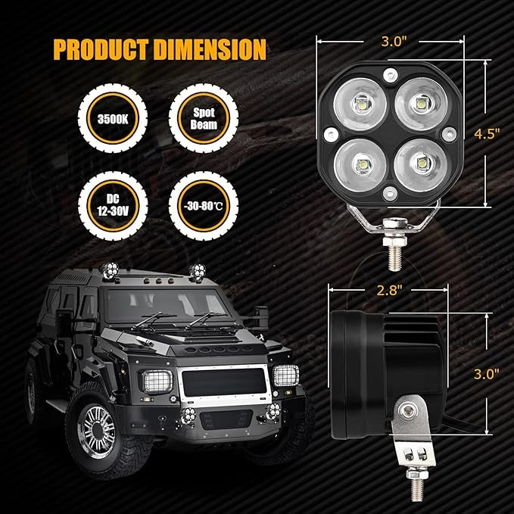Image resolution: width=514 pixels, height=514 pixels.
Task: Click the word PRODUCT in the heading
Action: click(101, 49)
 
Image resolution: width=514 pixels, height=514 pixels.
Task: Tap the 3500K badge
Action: click(113, 118)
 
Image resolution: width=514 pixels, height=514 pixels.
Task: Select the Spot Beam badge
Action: click(204, 118)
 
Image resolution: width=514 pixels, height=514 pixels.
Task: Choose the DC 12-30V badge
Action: click(113, 206)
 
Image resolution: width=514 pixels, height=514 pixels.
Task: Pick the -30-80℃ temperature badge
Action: click(204, 206)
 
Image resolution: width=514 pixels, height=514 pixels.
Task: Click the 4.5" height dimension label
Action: click(487, 134)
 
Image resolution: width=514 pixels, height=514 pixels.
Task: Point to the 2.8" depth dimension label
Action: click(389, 290)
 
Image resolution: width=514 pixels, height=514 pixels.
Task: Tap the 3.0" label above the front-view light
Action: click(394, 42)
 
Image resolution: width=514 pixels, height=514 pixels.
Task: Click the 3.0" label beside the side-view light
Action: click(487, 374)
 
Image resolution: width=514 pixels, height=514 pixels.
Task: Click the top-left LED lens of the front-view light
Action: click(360, 104)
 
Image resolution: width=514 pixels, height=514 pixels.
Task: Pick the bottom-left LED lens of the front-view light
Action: click(360, 165)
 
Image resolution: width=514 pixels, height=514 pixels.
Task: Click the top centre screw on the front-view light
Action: click(391, 76)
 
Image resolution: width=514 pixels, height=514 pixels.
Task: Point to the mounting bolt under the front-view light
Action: click(394, 245)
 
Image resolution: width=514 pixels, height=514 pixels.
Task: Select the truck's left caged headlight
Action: click(157, 382)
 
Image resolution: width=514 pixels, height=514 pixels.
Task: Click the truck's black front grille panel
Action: click(224, 382)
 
